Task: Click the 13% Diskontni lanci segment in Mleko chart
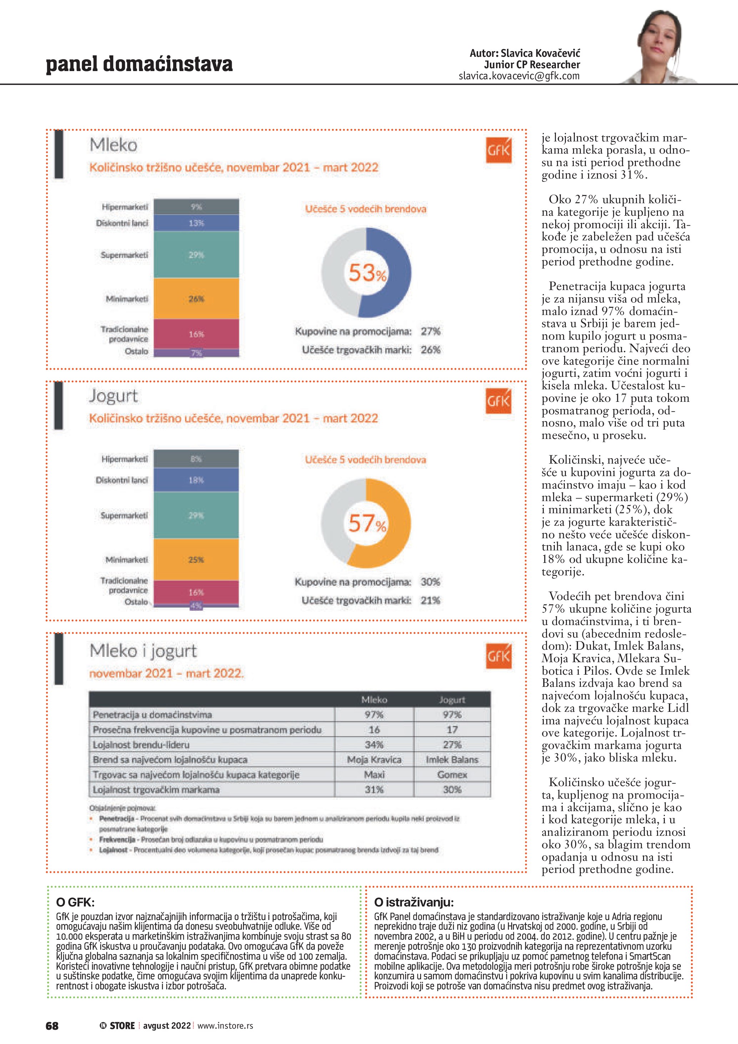point(196,223)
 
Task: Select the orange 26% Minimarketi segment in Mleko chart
point(196,299)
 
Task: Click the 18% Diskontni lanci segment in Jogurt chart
point(196,480)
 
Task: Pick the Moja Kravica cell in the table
point(374,759)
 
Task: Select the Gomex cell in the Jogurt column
point(452,774)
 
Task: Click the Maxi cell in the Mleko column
point(374,774)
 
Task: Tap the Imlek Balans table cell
point(452,759)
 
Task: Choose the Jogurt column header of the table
point(452,700)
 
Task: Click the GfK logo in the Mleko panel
point(498,150)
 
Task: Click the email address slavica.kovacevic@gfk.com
point(519,76)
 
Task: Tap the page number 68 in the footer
point(52,1025)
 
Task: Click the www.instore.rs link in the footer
point(225,1025)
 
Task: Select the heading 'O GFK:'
point(75,902)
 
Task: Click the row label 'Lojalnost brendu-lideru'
point(141,745)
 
